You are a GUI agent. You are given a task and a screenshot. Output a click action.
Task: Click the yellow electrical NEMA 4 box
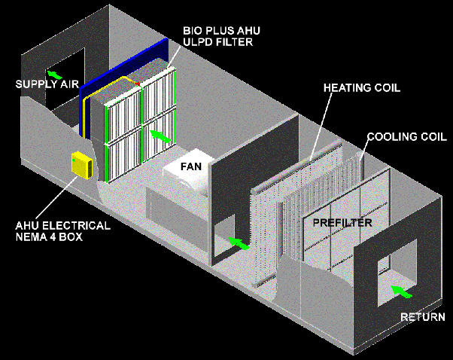coord(80,166)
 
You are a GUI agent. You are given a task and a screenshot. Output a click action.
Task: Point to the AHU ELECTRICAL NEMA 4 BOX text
coord(62,231)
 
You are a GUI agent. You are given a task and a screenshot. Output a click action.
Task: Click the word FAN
coord(190,164)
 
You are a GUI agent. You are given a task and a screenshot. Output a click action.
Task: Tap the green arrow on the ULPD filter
coord(157,136)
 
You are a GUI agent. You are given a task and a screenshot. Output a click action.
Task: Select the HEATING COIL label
coord(361,87)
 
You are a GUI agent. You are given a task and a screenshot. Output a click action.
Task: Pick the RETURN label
coord(422,317)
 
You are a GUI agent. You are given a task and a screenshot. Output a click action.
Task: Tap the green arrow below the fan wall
coord(239,243)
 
